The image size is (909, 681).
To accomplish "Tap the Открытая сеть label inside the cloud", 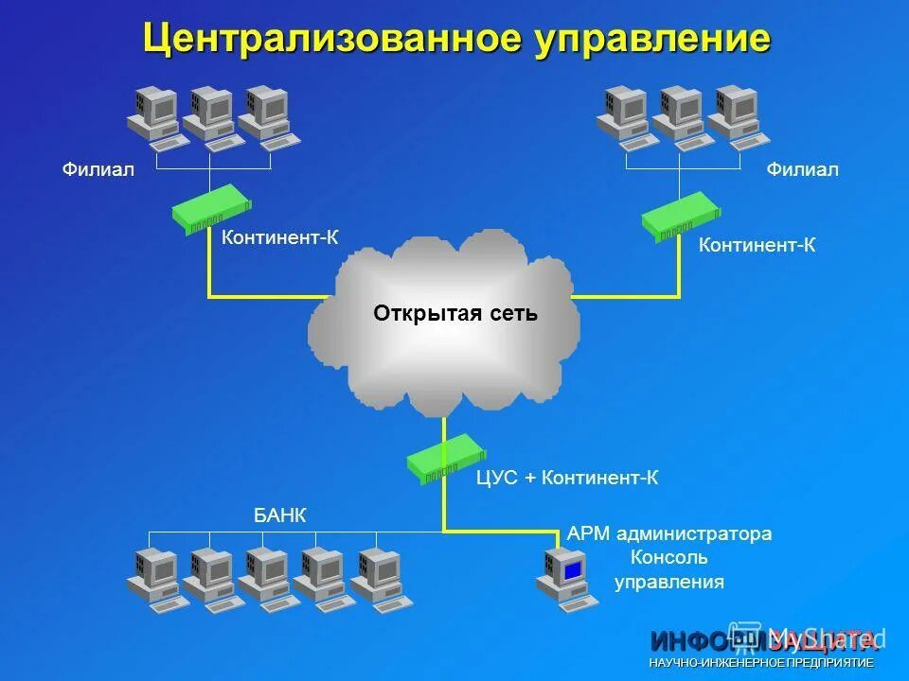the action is pyautogui.click(x=455, y=313).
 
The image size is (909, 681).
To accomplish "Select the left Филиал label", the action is pyautogui.click(x=98, y=169).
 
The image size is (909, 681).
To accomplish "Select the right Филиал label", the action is pyautogui.click(x=803, y=169).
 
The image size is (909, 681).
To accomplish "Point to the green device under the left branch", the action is pyautogui.click(x=212, y=209).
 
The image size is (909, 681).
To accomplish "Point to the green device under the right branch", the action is pyautogui.click(x=683, y=217).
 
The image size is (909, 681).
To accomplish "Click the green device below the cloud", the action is pyautogui.click(x=445, y=458).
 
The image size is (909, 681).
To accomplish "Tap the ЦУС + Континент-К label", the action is pyautogui.click(x=567, y=479).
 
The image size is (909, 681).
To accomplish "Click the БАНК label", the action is pyautogui.click(x=280, y=515).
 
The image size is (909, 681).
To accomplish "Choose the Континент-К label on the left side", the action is pyautogui.click(x=279, y=236).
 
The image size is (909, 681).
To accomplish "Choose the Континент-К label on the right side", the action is pyautogui.click(x=757, y=245).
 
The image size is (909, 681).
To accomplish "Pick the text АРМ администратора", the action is pyautogui.click(x=669, y=533).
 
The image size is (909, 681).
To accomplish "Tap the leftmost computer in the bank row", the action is pyautogui.click(x=154, y=578).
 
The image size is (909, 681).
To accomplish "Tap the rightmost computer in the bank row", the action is pyautogui.click(x=379, y=578).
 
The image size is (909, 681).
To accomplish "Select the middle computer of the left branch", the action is pyautogui.click(x=210, y=117).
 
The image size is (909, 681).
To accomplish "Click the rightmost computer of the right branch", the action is pyautogui.click(x=736, y=115).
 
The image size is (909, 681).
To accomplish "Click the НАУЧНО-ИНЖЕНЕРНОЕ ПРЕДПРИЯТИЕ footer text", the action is pyautogui.click(x=761, y=663).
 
